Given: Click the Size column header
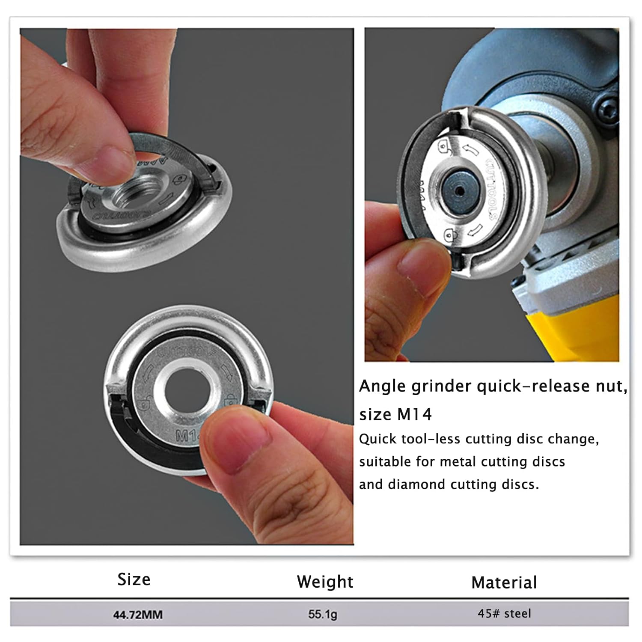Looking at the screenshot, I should (x=134, y=580).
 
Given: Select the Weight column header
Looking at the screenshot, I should (x=325, y=582).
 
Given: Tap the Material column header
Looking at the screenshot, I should (x=504, y=583).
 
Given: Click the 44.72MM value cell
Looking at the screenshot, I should (x=138, y=615).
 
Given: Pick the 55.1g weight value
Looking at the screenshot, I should (x=323, y=615).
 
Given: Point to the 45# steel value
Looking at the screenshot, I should (x=504, y=614).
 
